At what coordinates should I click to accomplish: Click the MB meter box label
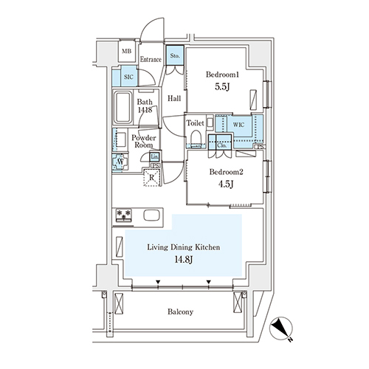coord(127,52)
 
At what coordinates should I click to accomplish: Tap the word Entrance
coord(151,60)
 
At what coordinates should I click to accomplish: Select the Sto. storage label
coord(175,56)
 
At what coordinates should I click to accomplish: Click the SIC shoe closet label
coord(128,77)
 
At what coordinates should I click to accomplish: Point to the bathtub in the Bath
coord(123,107)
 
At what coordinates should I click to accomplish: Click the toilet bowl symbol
coord(196,137)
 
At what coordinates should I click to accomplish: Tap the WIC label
coord(238,125)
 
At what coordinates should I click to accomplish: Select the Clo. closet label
coord(221,145)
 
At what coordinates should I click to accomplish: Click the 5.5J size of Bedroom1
coord(222,86)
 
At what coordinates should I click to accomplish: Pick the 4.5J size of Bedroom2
coord(226,184)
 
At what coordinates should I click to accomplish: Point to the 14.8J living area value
coord(183,259)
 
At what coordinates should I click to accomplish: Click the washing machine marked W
coord(120,162)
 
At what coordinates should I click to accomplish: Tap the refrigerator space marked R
coord(152,177)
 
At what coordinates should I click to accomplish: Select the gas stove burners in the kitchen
coord(124,215)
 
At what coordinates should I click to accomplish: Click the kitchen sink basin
coord(151,215)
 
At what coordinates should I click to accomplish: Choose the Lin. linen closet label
coord(154,156)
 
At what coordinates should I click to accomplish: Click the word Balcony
coord(180,312)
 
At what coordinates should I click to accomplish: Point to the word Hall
coord(174,99)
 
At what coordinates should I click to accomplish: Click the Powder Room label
coord(144,141)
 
